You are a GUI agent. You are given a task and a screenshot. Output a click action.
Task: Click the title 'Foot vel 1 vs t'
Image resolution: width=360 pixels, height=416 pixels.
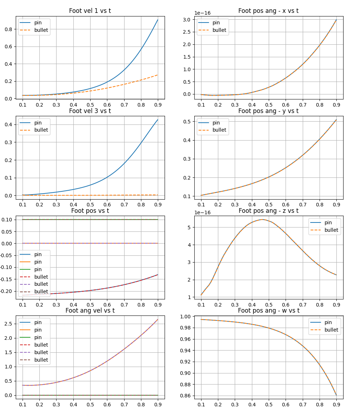point(90,11)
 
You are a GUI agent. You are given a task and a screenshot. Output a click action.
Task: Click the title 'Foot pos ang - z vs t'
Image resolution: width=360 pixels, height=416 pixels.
point(268,211)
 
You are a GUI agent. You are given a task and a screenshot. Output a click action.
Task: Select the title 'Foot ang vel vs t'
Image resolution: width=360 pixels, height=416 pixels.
point(90,310)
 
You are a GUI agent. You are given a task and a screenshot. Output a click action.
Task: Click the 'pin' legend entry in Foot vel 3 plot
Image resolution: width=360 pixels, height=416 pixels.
point(38,123)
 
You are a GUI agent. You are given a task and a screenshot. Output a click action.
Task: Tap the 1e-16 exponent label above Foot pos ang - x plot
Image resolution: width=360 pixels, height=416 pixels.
point(202,13)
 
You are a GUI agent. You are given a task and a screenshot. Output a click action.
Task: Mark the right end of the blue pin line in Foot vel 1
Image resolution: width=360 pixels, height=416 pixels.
point(158,20)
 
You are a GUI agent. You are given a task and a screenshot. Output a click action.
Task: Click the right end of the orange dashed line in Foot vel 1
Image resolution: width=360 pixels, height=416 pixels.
point(158,75)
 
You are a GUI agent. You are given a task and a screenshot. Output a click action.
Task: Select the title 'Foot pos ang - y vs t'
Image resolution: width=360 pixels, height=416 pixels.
point(268,111)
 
